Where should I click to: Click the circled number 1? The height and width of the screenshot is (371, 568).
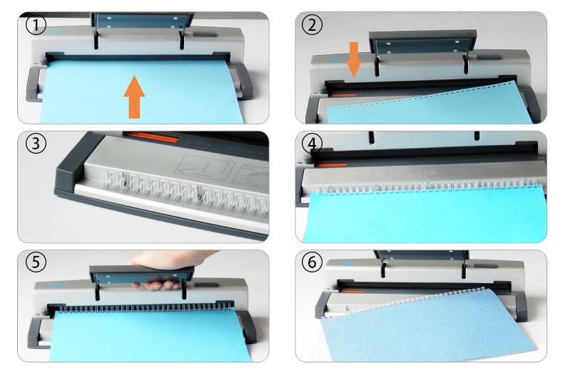36,26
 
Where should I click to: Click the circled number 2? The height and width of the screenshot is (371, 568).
312,26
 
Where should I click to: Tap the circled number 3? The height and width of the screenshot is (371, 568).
36,144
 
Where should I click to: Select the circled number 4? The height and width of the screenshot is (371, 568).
312,144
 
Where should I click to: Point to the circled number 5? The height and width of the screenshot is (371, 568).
36,262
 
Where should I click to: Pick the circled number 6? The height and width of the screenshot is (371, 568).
312,262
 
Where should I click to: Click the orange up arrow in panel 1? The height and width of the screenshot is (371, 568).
134,97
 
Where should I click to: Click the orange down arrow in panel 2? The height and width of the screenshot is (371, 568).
354,59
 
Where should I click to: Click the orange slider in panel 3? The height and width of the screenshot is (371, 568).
153,137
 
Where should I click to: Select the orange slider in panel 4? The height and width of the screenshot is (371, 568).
330,165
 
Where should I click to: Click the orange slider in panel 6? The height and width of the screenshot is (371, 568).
353,291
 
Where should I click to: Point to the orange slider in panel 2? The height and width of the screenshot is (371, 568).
343,95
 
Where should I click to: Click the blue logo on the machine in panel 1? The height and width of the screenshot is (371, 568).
56,32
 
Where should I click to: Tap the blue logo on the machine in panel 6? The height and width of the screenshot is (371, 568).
348,263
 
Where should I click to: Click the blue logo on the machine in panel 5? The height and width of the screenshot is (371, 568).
57,286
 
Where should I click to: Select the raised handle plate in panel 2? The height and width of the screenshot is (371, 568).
422,42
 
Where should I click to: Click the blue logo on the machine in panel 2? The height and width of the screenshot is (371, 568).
338,59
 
